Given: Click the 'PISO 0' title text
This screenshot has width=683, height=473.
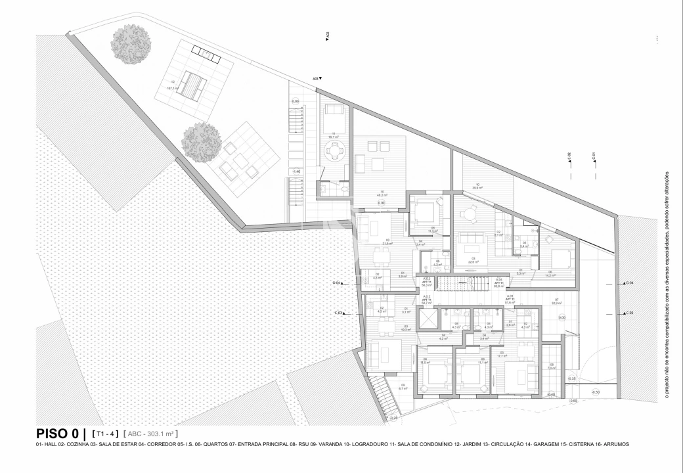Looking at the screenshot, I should [x=58, y=434].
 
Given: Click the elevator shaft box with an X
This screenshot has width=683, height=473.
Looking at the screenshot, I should [x=427, y=317].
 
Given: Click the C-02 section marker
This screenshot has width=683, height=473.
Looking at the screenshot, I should [x=569, y=157].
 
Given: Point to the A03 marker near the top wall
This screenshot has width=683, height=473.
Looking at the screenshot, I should [x=317, y=78].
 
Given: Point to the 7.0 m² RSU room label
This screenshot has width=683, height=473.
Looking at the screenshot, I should [x=552, y=367].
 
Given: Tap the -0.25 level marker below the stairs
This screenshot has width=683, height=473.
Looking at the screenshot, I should [x=393, y=418].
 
